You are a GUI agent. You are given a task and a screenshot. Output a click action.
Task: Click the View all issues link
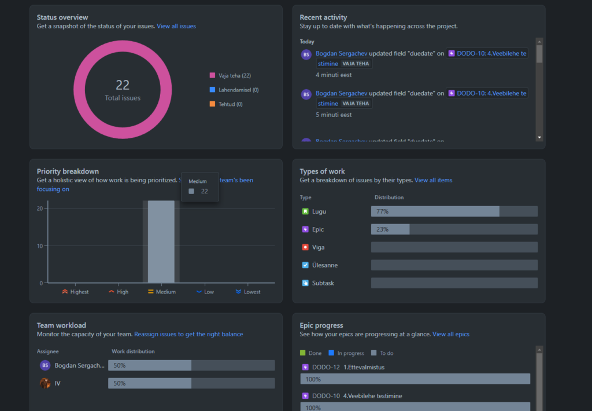click(176, 26)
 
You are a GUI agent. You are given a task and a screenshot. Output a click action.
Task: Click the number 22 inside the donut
click(123, 85)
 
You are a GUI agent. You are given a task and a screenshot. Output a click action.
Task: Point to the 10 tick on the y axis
click(40, 246)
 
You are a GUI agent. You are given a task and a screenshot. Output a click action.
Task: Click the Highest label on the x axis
click(75, 292)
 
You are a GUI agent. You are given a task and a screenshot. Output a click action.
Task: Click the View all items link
click(433, 180)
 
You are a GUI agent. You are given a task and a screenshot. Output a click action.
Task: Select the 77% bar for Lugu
click(435, 211)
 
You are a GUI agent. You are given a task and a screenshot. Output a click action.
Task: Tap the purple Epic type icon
click(305, 229)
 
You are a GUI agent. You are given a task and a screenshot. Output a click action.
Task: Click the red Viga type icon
click(305, 247)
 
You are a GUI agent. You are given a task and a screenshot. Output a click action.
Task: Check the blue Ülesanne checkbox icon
click(305, 265)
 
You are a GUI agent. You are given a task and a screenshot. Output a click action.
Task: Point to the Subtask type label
click(323, 283)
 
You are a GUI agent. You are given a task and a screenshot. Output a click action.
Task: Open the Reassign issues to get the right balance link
click(188, 334)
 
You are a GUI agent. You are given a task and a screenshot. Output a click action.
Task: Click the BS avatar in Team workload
click(45, 365)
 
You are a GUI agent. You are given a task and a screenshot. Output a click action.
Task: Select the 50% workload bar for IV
click(150, 383)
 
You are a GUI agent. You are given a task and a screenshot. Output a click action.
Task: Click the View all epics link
click(451, 334)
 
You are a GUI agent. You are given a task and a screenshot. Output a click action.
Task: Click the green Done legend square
click(302, 353)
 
